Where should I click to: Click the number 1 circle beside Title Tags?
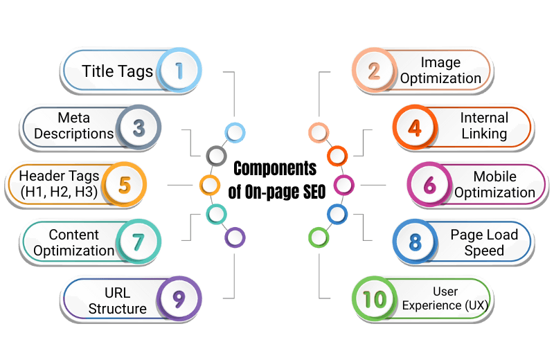[x=179, y=70]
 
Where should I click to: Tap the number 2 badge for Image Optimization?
[x=375, y=70]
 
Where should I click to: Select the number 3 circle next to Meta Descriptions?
[x=138, y=127]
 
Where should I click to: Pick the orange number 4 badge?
[x=415, y=127]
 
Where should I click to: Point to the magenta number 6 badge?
[x=429, y=184]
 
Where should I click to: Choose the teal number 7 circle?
[x=138, y=242]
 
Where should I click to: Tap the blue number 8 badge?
[x=415, y=242]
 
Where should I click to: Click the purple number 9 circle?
[x=179, y=298]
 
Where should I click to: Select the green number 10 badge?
[x=375, y=298]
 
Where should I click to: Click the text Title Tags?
[x=117, y=71]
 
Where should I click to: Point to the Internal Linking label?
[x=484, y=125]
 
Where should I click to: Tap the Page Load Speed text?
[x=484, y=242]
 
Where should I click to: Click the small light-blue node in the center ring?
[x=235, y=132]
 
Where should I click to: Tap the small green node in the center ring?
[x=318, y=237]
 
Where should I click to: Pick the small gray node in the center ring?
[x=217, y=155]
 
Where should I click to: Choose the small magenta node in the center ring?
[x=343, y=185]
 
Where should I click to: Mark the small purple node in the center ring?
[x=235, y=237]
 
